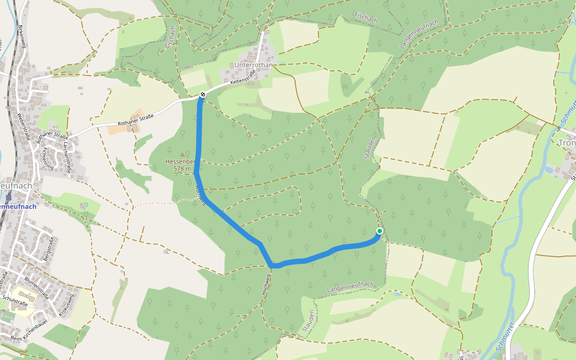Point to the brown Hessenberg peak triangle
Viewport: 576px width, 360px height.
(x=182, y=155)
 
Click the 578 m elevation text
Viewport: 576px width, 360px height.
(x=182, y=169)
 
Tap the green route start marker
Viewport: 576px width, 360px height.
(x=380, y=231)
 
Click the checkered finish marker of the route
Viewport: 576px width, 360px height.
(x=204, y=94)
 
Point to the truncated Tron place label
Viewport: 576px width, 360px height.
(x=566, y=143)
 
